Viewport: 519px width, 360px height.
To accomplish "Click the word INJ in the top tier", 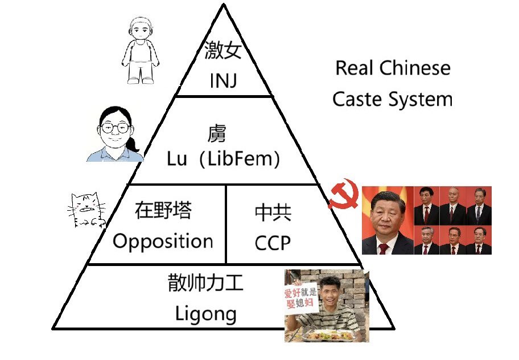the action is point(224,80).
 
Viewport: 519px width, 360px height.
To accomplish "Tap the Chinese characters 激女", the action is point(223,50).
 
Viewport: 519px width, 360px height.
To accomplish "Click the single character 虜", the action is point(217,133).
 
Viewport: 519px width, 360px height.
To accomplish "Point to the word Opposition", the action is point(163,241).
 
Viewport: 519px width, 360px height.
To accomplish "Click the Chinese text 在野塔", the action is point(163,210).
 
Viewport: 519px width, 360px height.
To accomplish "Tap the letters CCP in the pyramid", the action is point(273,243).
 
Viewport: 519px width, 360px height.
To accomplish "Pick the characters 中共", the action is point(273,212).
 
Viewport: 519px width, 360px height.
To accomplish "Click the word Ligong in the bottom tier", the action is point(205,314).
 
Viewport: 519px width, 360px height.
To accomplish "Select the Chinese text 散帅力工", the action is point(205,283).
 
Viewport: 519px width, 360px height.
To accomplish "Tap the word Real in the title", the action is point(355,68).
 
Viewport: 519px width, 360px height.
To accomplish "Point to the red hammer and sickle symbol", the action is point(343,194).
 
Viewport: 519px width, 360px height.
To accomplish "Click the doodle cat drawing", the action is point(86,210).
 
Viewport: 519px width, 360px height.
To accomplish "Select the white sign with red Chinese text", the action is point(300,298).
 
